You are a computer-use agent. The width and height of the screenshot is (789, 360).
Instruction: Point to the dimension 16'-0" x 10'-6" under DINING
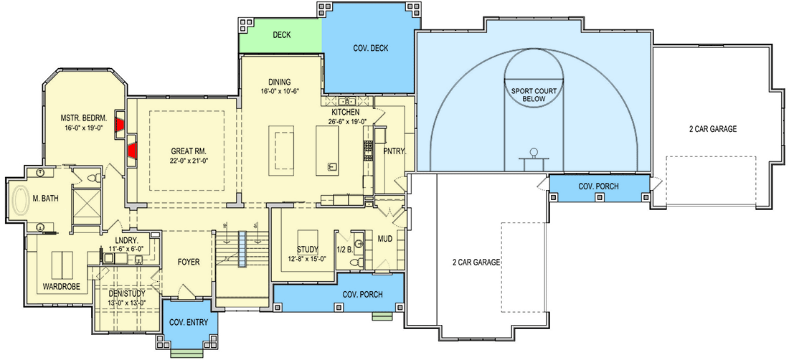pos(279,92)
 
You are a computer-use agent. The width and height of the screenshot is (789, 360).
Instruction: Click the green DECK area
pos(280,34)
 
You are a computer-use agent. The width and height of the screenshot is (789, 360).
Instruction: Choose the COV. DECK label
pos(370,48)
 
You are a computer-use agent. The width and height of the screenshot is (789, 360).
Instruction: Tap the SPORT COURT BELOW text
pos(533,95)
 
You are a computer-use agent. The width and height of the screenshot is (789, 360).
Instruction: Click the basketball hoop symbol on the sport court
pos(534,153)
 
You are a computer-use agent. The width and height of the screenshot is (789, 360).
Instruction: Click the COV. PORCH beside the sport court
pos(599,186)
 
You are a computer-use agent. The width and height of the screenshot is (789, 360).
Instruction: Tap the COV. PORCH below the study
pos(362,295)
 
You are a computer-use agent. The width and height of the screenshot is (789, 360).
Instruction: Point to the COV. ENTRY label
pos(189,323)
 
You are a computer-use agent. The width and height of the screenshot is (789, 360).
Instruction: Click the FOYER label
pos(188,262)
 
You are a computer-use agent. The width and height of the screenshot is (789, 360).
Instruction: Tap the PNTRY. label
pos(394,151)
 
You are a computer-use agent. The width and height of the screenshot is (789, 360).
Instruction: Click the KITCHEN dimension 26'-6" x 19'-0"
pos(349,122)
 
